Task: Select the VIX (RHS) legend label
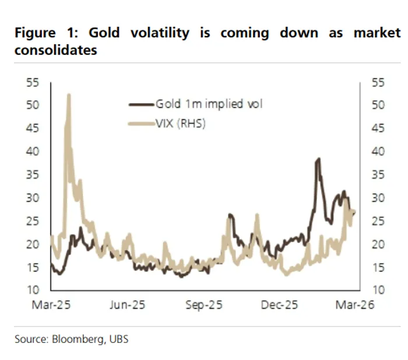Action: [181, 123]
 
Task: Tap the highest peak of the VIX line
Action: [69, 95]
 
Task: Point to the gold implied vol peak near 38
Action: [318, 159]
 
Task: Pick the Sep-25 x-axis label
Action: [205, 305]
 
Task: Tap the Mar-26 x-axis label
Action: [353, 305]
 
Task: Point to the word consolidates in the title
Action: [55, 50]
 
